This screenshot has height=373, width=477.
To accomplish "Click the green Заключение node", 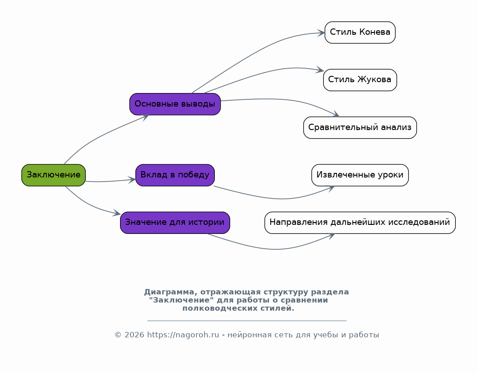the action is [54, 175].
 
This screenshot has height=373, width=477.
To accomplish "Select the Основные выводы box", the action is [175, 104].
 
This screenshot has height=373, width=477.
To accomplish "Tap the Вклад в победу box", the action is [175, 175].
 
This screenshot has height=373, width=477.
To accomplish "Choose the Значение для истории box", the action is [175, 223].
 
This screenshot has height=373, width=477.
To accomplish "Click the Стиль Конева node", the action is [360, 32].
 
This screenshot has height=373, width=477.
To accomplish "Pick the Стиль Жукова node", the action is [360, 80].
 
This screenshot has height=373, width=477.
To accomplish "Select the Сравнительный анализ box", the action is [360, 128].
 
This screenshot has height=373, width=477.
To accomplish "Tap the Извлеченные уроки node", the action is [360, 175].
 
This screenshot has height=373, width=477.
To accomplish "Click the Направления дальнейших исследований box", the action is [360, 223].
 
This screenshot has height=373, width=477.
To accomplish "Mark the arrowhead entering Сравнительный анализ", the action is [336, 114].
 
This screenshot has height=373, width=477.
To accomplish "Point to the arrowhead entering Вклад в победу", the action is [132, 180].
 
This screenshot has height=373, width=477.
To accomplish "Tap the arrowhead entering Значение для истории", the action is [117, 213].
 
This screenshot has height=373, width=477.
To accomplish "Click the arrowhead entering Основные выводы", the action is [145, 117].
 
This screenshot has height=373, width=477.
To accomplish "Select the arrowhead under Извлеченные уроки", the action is [331, 188].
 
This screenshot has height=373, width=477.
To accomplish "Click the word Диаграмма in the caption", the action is [169, 292].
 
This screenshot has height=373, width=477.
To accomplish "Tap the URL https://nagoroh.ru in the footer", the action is [183, 335].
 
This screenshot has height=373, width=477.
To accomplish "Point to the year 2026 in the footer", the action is [134, 335].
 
